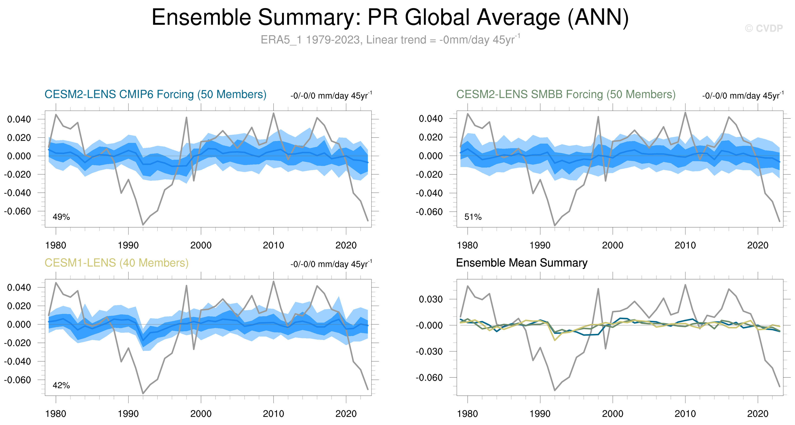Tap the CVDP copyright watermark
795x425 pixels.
click(x=764, y=28)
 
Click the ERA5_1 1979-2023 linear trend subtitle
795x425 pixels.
click(x=390, y=40)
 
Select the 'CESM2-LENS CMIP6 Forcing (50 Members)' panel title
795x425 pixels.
click(x=155, y=94)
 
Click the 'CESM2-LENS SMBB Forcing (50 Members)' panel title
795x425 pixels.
click(x=566, y=94)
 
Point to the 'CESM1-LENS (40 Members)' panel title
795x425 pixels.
click(x=116, y=263)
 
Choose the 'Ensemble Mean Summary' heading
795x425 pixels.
click(x=521, y=263)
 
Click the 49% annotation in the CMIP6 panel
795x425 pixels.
click(x=61, y=217)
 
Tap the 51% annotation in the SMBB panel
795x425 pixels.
click(x=473, y=217)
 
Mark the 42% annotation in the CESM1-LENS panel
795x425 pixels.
click(x=61, y=385)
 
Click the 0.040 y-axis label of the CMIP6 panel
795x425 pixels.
click(x=19, y=119)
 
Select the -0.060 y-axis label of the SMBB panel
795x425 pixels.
click(x=429, y=212)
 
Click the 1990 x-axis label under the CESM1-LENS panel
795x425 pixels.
click(x=128, y=414)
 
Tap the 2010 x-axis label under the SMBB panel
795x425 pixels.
click(x=685, y=245)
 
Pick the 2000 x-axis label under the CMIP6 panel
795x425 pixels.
click(x=201, y=245)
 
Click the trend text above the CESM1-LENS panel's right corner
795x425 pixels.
click(x=331, y=264)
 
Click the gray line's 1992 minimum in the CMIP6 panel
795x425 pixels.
click(x=143, y=225)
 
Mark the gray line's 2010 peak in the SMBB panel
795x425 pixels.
click(x=685, y=113)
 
